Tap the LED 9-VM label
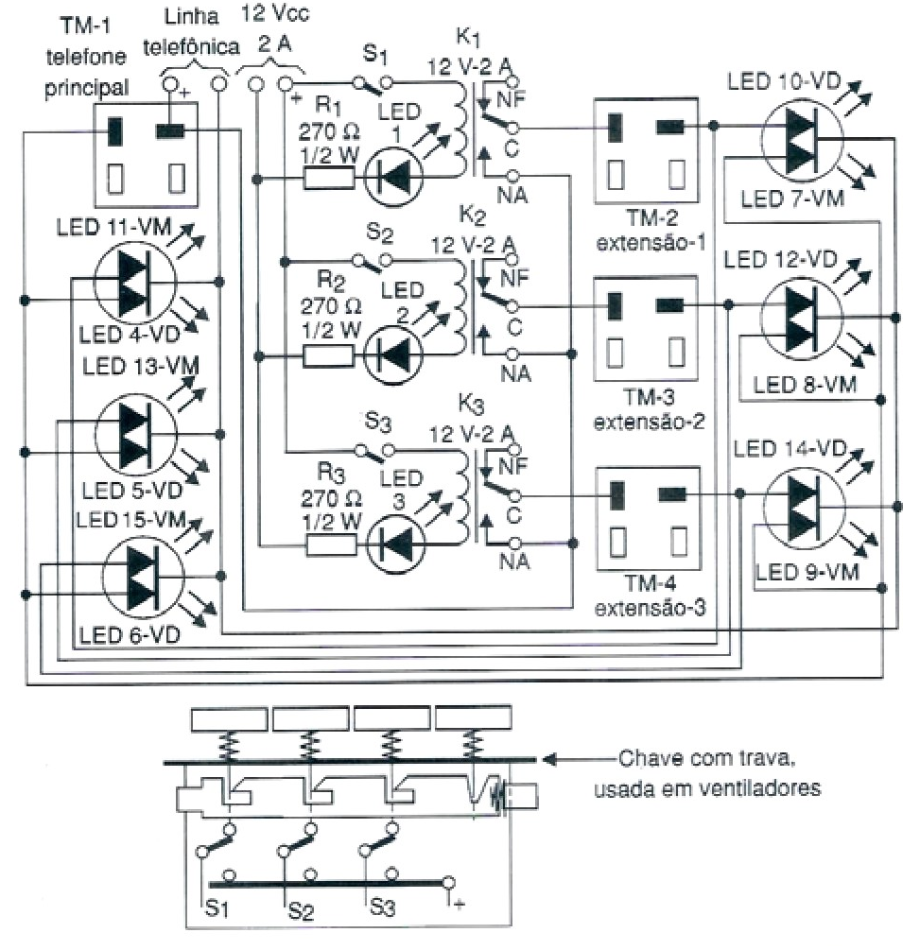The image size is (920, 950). pyautogui.click(x=797, y=570)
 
